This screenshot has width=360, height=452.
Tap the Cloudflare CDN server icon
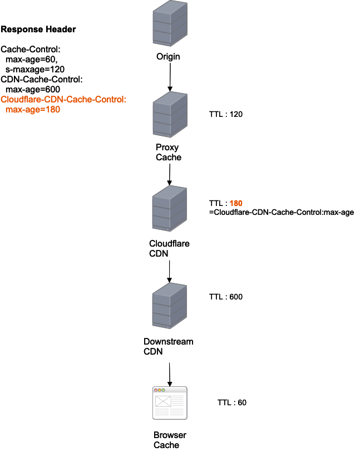(169, 208)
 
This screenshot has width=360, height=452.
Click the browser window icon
(170, 402)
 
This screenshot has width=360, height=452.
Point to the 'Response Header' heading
(38, 29)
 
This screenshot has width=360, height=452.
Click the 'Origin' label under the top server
(168, 56)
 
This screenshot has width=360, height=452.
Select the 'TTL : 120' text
(226, 114)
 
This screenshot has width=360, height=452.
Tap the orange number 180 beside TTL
(236, 203)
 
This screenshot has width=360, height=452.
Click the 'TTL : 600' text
(225, 297)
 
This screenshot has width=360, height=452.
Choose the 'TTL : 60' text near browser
(232, 402)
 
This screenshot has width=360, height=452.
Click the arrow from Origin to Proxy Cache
(169, 77)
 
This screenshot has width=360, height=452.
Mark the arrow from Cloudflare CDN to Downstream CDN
(169, 270)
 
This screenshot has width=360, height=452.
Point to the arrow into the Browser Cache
(169, 372)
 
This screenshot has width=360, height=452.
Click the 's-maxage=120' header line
(35, 69)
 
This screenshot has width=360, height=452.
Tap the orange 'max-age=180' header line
(33, 110)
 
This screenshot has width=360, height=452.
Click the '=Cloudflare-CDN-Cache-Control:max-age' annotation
(281, 212)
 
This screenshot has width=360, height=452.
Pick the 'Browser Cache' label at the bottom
(170, 440)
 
